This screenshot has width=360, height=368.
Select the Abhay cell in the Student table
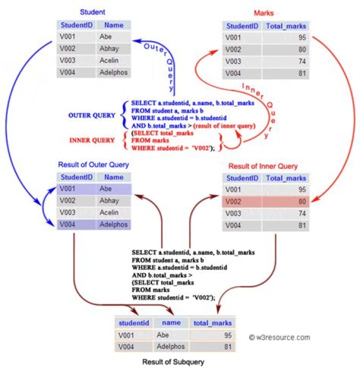pyautogui.click(x=113, y=49)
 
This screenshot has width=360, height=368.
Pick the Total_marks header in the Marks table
pyautogui.click(x=286, y=26)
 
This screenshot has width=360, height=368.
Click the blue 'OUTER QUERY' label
pyautogui.click(x=91, y=115)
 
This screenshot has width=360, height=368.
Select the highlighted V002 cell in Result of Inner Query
pyautogui.click(x=241, y=202)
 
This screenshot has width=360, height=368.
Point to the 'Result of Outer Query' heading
pyautogui.click(x=93, y=165)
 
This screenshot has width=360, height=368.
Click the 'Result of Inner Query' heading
pyautogui.click(x=263, y=166)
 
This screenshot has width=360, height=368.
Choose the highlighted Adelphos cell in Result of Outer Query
pyautogui.click(x=113, y=225)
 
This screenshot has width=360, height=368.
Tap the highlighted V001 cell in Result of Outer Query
pyautogui.click(x=76, y=189)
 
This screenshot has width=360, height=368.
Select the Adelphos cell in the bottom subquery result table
pyautogui.click(x=171, y=346)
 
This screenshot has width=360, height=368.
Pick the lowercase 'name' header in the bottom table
pyautogui.click(x=171, y=323)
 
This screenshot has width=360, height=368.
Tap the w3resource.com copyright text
pyautogui.click(x=279, y=337)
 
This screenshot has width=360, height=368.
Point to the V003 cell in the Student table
pyautogui.click(x=76, y=60)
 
